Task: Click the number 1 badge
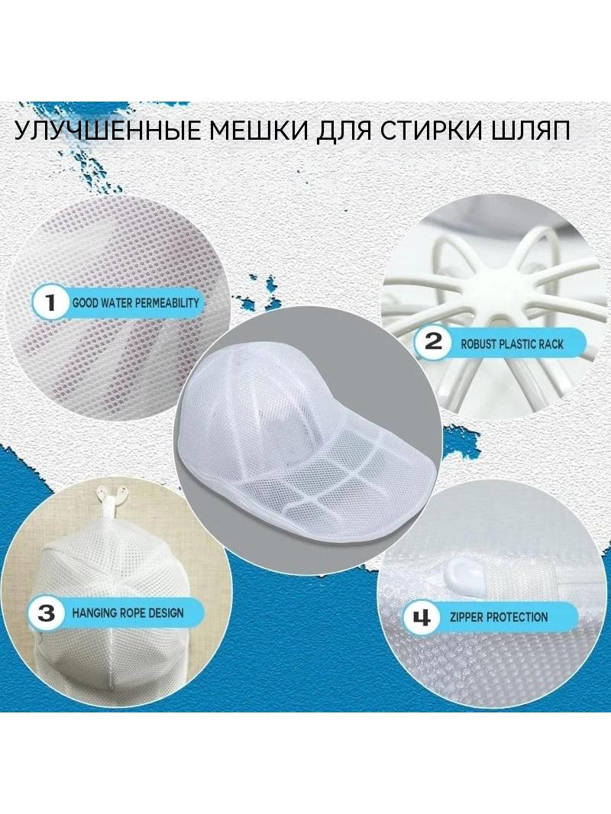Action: click(50, 302)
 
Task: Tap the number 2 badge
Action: click(434, 342)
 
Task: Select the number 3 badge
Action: click(46, 612)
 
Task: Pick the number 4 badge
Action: click(421, 618)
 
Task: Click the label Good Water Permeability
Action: click(135, 302)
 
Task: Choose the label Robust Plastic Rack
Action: click(512, 344)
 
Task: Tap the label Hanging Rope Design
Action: click(128, 613)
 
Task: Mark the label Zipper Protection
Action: click(499, 617)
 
